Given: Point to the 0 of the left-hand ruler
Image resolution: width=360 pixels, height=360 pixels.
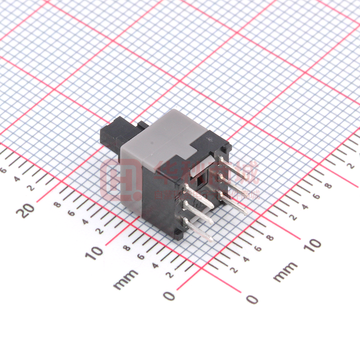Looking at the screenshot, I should pos(170,296).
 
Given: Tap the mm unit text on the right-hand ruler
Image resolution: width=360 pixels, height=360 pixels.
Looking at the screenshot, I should pos(285,272).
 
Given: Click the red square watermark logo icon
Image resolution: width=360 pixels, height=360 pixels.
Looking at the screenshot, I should pos(118,180).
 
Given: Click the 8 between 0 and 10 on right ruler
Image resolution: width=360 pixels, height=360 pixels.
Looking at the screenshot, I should pos(270,238).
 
